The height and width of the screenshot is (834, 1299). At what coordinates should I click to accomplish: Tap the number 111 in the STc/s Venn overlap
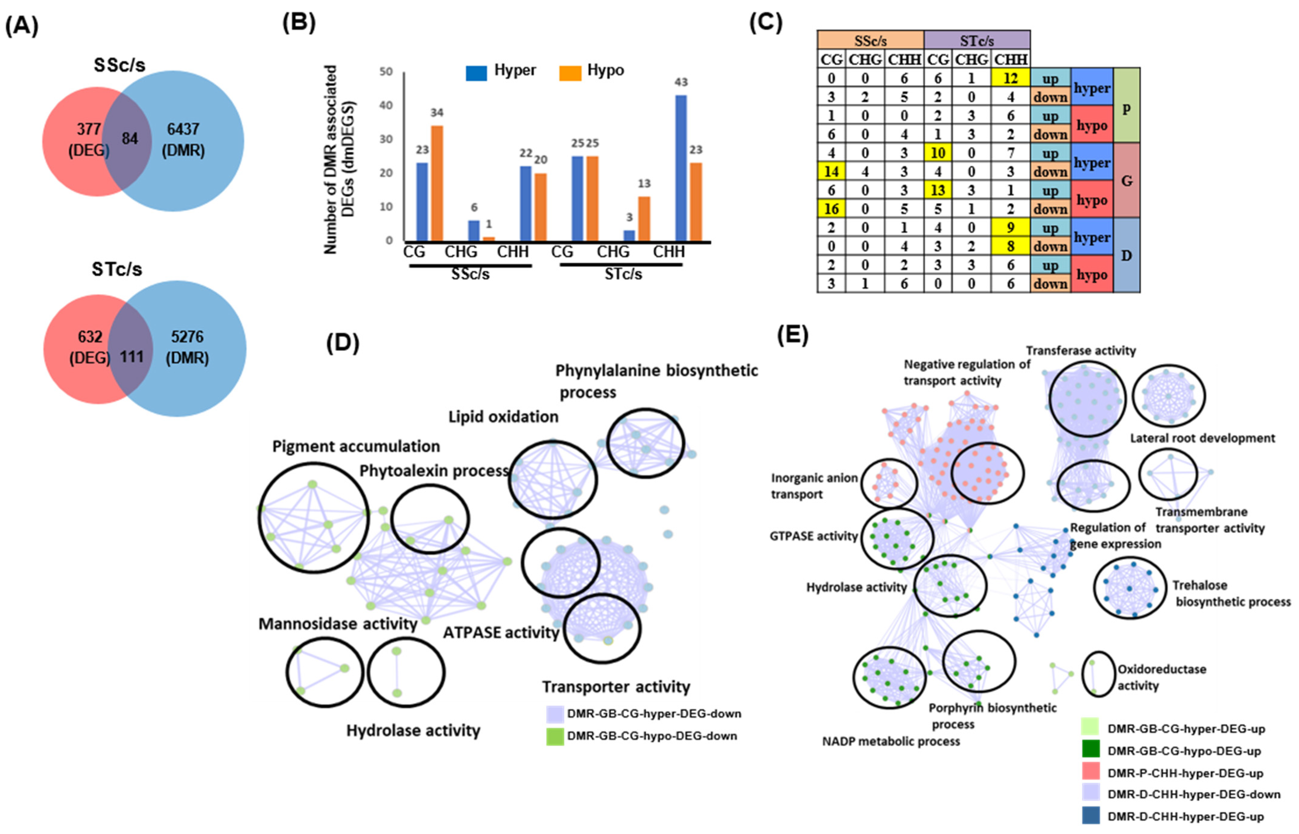[x=132, y=357]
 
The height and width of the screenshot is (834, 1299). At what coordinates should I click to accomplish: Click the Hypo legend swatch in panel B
[x=570, y=72]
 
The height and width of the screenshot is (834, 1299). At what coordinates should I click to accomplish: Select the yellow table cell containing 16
[x=831, y=209]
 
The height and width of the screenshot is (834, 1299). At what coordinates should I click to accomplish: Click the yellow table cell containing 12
[x=1010, y=78]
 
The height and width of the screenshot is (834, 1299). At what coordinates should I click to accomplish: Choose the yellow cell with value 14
[x=831, y=172]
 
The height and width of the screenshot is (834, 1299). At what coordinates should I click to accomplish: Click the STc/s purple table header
[x=977, y=40]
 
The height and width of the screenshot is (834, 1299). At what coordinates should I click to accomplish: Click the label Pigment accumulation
[x=356, y=446]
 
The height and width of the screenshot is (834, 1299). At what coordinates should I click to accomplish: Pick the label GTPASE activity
[x=814, y=536]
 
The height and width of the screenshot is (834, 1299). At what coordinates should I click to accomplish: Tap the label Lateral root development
[x=1202, y=438]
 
